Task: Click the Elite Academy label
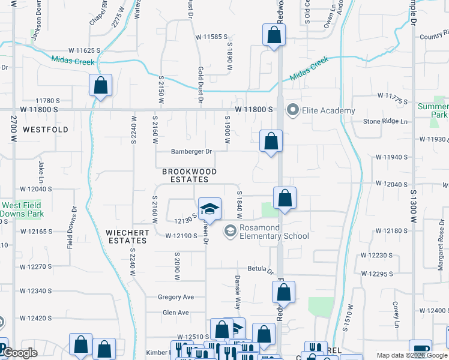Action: (x=329, y=110)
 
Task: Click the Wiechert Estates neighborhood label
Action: (x=127, y=236)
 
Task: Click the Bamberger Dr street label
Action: (x=191, y=152)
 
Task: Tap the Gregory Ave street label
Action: (x=176, y=297)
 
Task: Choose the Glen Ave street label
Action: (x=175, y=313)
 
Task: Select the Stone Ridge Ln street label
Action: (x=385, y=121)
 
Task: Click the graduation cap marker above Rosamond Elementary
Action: (x=210, y=209)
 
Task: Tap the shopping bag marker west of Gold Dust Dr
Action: (x=101, y=85)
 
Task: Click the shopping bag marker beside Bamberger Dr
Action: (x=271, y=142)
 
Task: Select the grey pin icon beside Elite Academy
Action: (x=293, y=110)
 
